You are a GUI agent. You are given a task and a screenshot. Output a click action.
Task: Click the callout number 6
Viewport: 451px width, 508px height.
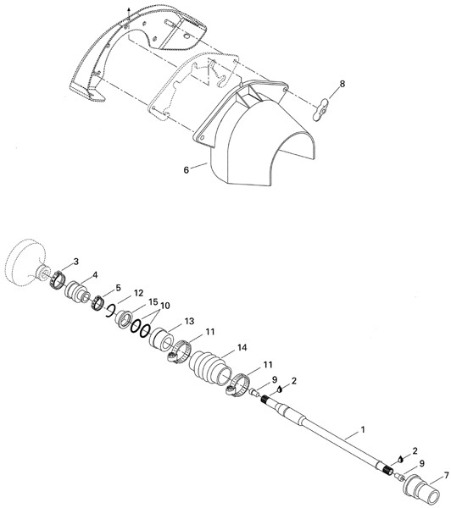pos(187,170)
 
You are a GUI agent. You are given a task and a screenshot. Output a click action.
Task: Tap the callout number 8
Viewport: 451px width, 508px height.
pos(342,84)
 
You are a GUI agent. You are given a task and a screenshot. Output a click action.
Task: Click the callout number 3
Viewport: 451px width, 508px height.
pos(76,262)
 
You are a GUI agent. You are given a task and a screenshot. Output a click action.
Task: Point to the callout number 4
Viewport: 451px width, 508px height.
pos(95,274)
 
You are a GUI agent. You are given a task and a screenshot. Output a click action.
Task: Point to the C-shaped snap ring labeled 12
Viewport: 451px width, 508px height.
pos(109,311)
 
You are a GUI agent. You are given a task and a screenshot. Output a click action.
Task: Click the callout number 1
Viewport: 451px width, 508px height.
pos(363,430)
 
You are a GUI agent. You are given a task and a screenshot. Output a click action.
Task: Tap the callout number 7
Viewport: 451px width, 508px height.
pos(447,476)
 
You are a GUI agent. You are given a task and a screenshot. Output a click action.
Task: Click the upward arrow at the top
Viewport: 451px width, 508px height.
pos(129,14)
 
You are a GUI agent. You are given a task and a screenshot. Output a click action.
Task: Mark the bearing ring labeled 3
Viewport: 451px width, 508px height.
pos(58,279)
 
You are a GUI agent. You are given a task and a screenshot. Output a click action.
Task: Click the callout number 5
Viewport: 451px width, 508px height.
pos(118,288)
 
